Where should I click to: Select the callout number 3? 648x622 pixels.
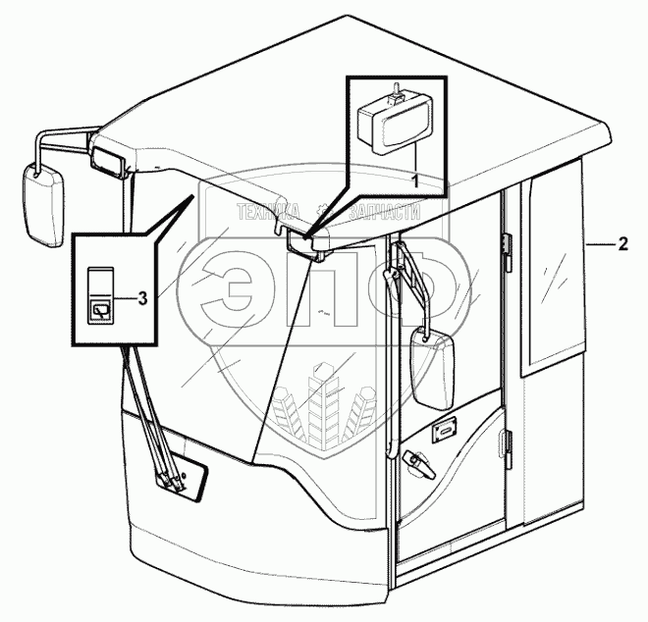click(x=142, y=296)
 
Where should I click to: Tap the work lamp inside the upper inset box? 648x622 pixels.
click(x=391, y=123)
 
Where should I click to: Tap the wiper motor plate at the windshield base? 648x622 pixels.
click(x=183, y=476)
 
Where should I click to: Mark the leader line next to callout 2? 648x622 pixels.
click(x=598, y=242)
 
